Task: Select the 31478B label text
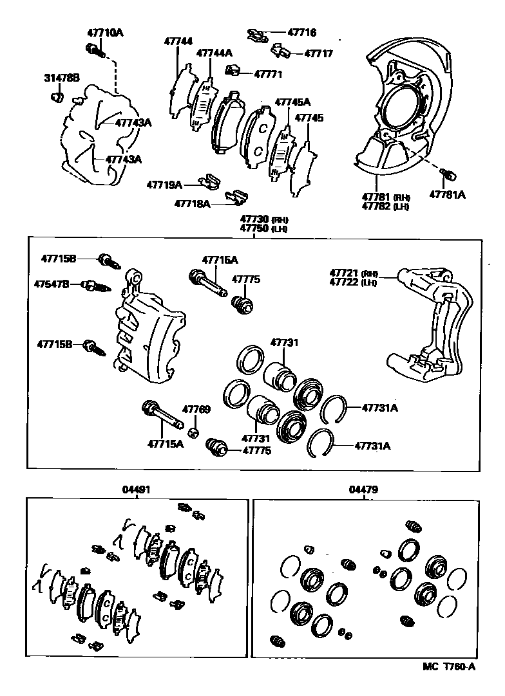coord(61,78)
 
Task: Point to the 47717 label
coord(318,53)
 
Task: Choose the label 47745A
coord(292,102)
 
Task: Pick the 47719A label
coord(164,185)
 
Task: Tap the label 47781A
coord(447,194)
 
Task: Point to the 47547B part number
coord(52,283)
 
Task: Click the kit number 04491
coord(136,490)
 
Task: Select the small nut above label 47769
coord(196,430)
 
